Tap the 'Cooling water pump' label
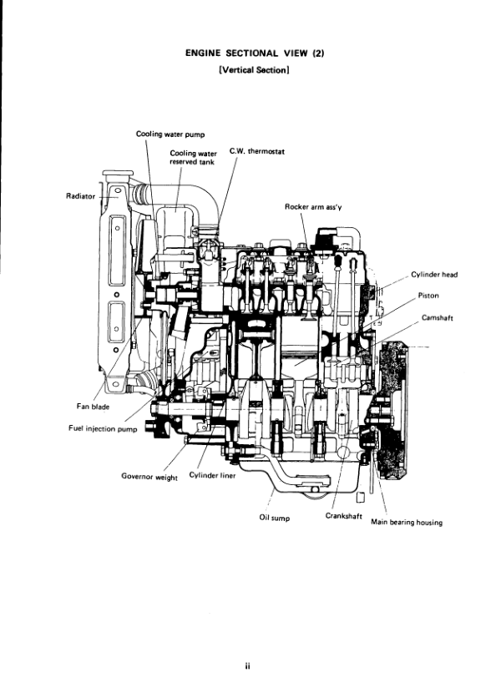170,134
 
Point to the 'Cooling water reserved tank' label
193,158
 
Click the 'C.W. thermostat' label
257,153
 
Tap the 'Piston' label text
428,295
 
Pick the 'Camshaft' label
438,317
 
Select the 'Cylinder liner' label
213,477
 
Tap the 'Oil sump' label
275,518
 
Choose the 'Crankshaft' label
342,515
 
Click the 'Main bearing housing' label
406,523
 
